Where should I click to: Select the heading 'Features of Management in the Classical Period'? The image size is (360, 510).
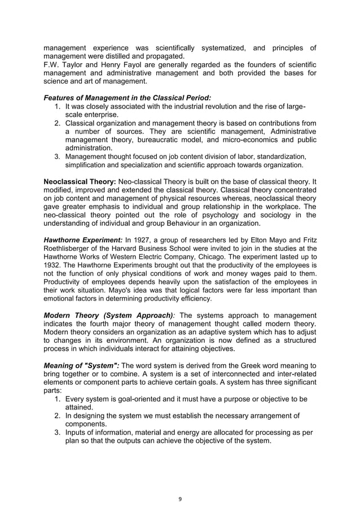coord(127,97)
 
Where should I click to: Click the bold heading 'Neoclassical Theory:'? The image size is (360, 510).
coord(78,182)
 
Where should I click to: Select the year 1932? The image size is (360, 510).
coord(53,264)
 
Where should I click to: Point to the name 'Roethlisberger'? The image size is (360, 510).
coord(68,247)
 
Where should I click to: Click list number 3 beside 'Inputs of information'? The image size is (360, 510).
coord(58,432)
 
